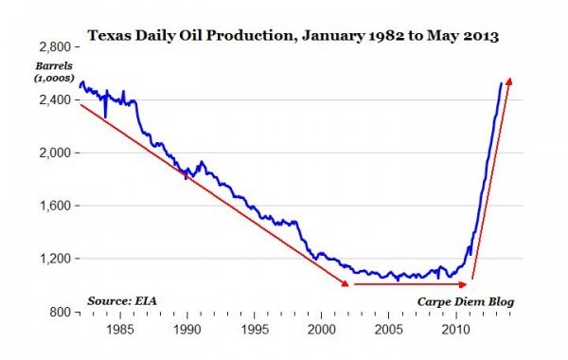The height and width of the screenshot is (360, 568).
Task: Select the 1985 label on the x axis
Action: pyautogui.click(x=120, y=331)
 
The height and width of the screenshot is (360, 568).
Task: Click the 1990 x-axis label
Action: pyautogui.click(x=187, y=331)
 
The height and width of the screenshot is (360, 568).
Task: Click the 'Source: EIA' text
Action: pyautogui.click(x=123, y=300)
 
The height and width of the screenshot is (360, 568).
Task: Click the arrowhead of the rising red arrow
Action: pyautogui.click(x=511, y=81)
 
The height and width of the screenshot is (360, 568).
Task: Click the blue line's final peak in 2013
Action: pyautogui.click(x=501, y=83)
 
